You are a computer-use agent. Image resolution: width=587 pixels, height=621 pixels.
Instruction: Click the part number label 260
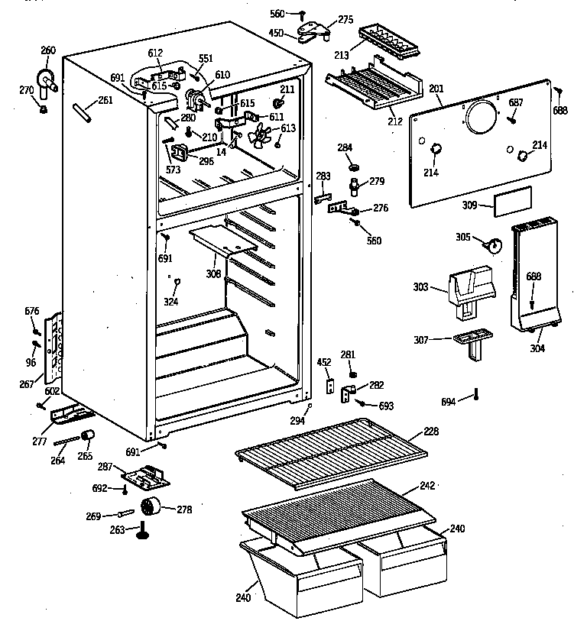click(x=48, y=50)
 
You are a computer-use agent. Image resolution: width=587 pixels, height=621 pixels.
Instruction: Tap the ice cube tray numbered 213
click(x=389, y=44)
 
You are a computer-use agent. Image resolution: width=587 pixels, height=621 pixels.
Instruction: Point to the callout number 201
click(x=436, y=89)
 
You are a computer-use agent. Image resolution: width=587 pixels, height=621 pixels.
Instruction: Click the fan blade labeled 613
click(x=262, y=136)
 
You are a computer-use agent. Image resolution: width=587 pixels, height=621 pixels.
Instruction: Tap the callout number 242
click(x=426, y=486)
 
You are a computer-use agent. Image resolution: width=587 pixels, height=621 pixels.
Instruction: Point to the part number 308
click(x=212, y=273)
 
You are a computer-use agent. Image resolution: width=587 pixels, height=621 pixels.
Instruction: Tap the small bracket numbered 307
click(x=469, y=341)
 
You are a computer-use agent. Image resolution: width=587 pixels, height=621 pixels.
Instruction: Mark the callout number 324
click(x=170, y=302)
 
